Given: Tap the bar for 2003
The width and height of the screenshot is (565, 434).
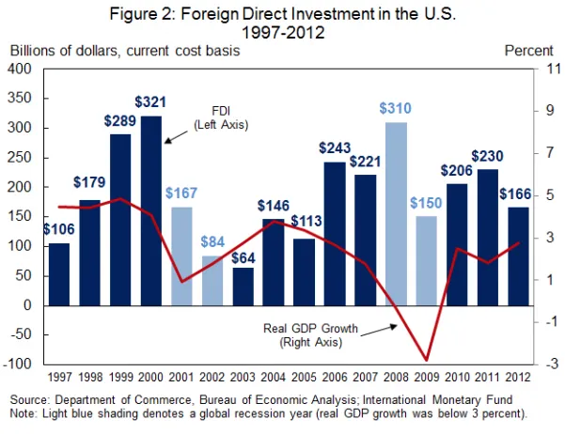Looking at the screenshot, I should point(243,287).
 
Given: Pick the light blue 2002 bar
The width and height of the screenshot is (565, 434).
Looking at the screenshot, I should point(212,281).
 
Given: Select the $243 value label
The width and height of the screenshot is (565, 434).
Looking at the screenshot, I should point(335,148).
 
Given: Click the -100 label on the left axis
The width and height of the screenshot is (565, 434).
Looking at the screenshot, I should point(19,364).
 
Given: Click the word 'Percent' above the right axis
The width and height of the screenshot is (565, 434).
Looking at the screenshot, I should point(528,50).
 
